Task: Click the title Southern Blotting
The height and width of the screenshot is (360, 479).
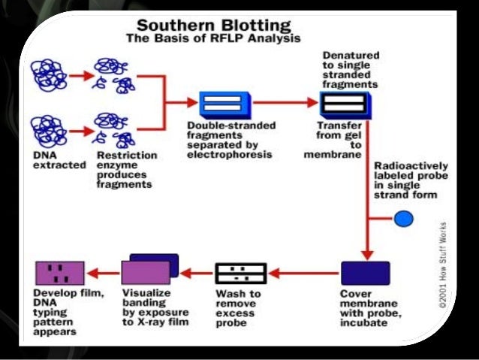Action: pyautogui.click(x=214, y=26)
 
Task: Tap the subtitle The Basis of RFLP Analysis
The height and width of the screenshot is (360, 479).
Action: pyautogui.click(x=213, y=38)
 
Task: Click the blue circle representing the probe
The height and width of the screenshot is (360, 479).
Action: pyautogui.click(x=403, y=219)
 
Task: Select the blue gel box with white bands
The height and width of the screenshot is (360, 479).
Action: pyautogui.click(x=225, y=105)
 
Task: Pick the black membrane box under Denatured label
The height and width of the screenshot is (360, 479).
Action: pyautogui.click(x=346, y=104)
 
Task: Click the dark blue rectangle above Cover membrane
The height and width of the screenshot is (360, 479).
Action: pyautogui.click(x=366, y=273)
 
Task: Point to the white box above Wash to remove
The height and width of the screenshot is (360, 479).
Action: pyautogui.click(x=241, y=274)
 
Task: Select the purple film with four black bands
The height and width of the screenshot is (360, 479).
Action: pyautogui.click(x=60, y=273)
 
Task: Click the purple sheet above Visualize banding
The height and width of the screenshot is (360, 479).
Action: pyautogui.click(x=146, y=273)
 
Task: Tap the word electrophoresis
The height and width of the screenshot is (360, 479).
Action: pyautogui.click(x=230, y=155)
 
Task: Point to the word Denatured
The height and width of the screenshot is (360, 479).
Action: pyautogui.click(x=351, y=56)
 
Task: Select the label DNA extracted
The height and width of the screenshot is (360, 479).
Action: pyautogui.click(x=59, y=160)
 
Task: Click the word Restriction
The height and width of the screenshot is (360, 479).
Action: pyautogui.click(x=127, y=155)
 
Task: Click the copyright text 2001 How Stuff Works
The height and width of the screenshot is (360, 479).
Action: pyautogui.click(x=442, y=265)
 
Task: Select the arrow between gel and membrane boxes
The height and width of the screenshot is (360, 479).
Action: pyautogui.click(x=286, y=102)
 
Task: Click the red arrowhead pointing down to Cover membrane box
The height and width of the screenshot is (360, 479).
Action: pyautogui.click(x=367, y=256)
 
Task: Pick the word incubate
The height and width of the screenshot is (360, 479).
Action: pyautogui.click(x=363, y=323)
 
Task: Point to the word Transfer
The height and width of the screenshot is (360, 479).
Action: pyautogui.click(x=339, y=126)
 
